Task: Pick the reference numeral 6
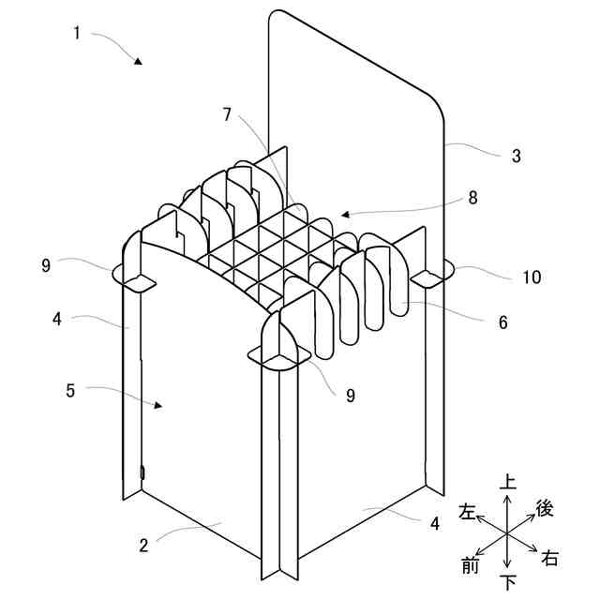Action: [x=503, y=322]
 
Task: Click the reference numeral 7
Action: [x=227, y=114]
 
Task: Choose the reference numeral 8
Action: [x=472, y=198]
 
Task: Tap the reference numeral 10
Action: [x=532, y=277]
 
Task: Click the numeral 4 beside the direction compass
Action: [x=435, y=523]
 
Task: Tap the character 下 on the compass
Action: [x=508, y=583]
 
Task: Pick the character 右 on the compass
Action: [x=550, y=559]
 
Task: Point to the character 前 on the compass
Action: [x=471, y=563]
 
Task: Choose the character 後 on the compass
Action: [x=545, y=508]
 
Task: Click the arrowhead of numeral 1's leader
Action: [x=138, y=61]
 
